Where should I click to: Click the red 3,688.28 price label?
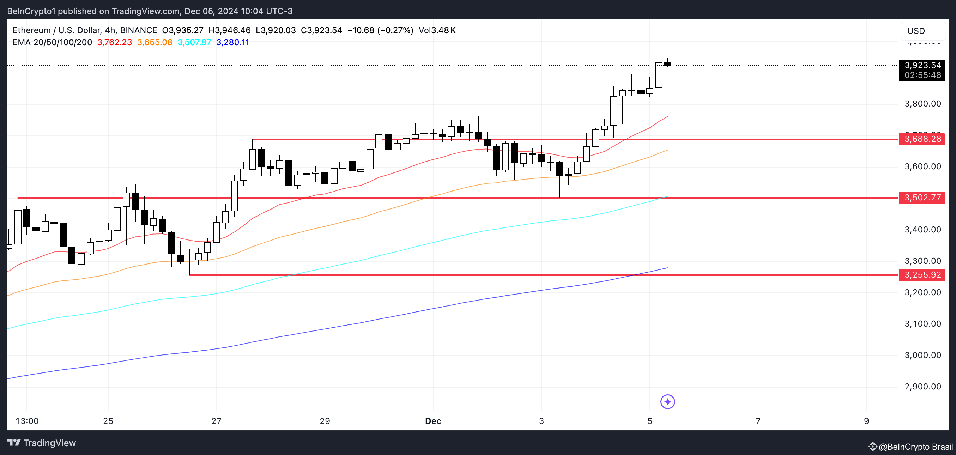[x=922, y=139]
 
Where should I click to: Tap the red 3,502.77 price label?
[x=922, y=198]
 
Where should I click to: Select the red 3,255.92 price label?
[x=922, y=275]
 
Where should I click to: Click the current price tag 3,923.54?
[x=922, y=66]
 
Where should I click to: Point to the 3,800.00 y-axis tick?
[x=922, y=104]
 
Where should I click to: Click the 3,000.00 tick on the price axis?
[x=922, y=355]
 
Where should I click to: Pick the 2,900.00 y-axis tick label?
[x=922, y=387]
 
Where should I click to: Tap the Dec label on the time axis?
[x=433, y=421]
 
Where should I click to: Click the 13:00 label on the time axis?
[x=27, y=421]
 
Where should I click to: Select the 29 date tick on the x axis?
[x=325, y=421]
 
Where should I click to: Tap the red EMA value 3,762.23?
[x=114, y=42]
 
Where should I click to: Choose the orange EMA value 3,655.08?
[x=155, y=42]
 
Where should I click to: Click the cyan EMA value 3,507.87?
[x=194, y=42]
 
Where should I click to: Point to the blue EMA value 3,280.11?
[x=232, y=42]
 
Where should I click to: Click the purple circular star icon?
[x=667, y=401]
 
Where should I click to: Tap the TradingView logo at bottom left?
[x=42, y=443]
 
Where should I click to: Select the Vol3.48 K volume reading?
[x=437, y=30]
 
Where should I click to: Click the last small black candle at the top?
[x=668, y=64]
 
